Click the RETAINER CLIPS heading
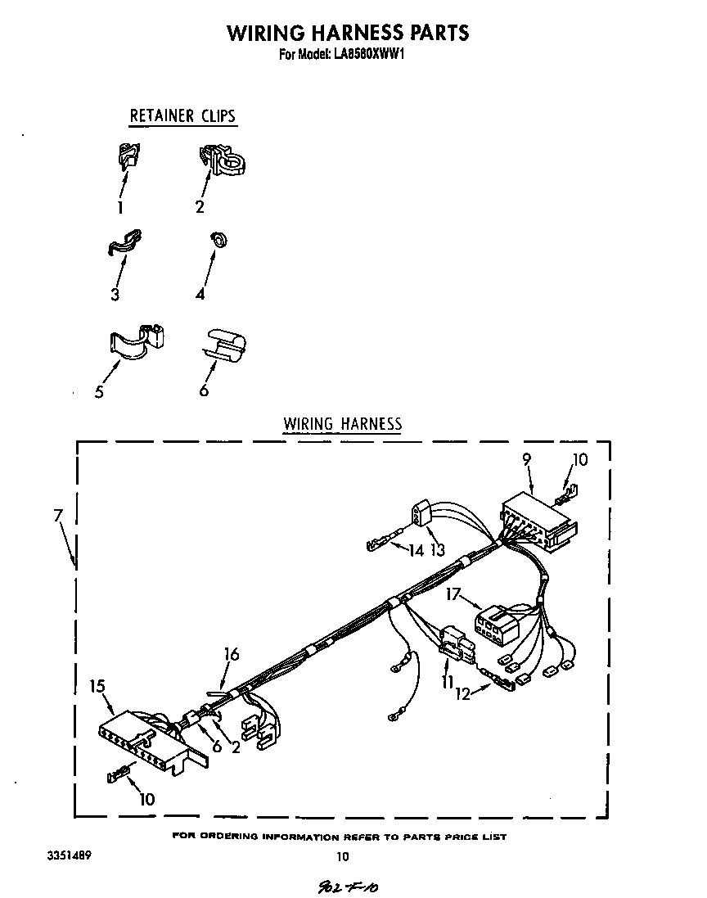click(182, 115)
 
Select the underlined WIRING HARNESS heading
click(342, 423)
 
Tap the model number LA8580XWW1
click(370, 56)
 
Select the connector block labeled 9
click(536, 521)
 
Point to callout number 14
click(417, 551)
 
